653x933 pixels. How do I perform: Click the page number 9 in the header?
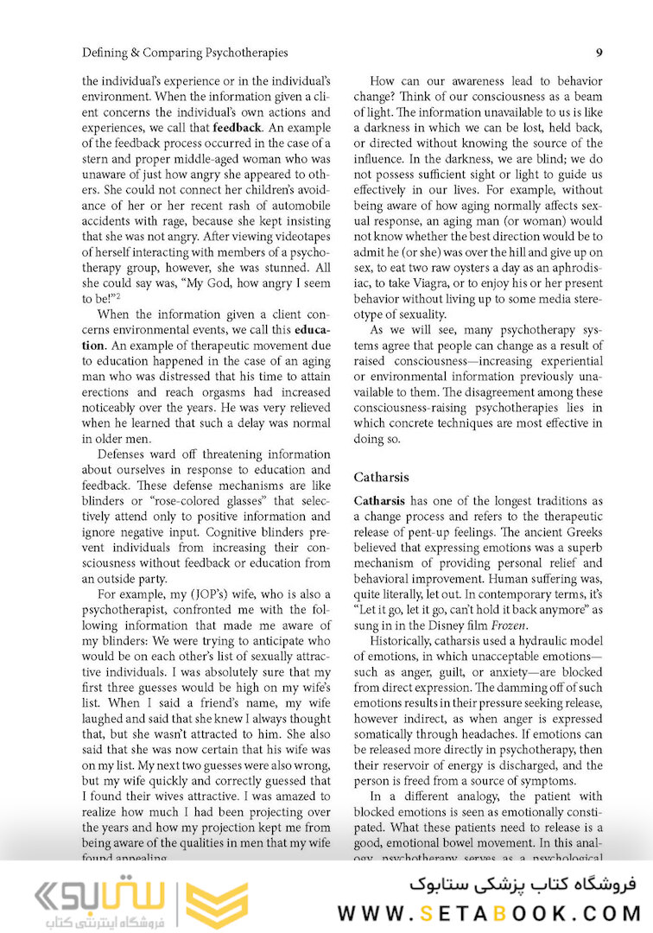click(599, 53)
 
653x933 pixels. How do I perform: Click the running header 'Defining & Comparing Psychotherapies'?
click(185, 53)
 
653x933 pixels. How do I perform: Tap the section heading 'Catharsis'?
click(381, 477)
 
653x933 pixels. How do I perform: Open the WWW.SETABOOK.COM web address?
click(489, 912)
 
